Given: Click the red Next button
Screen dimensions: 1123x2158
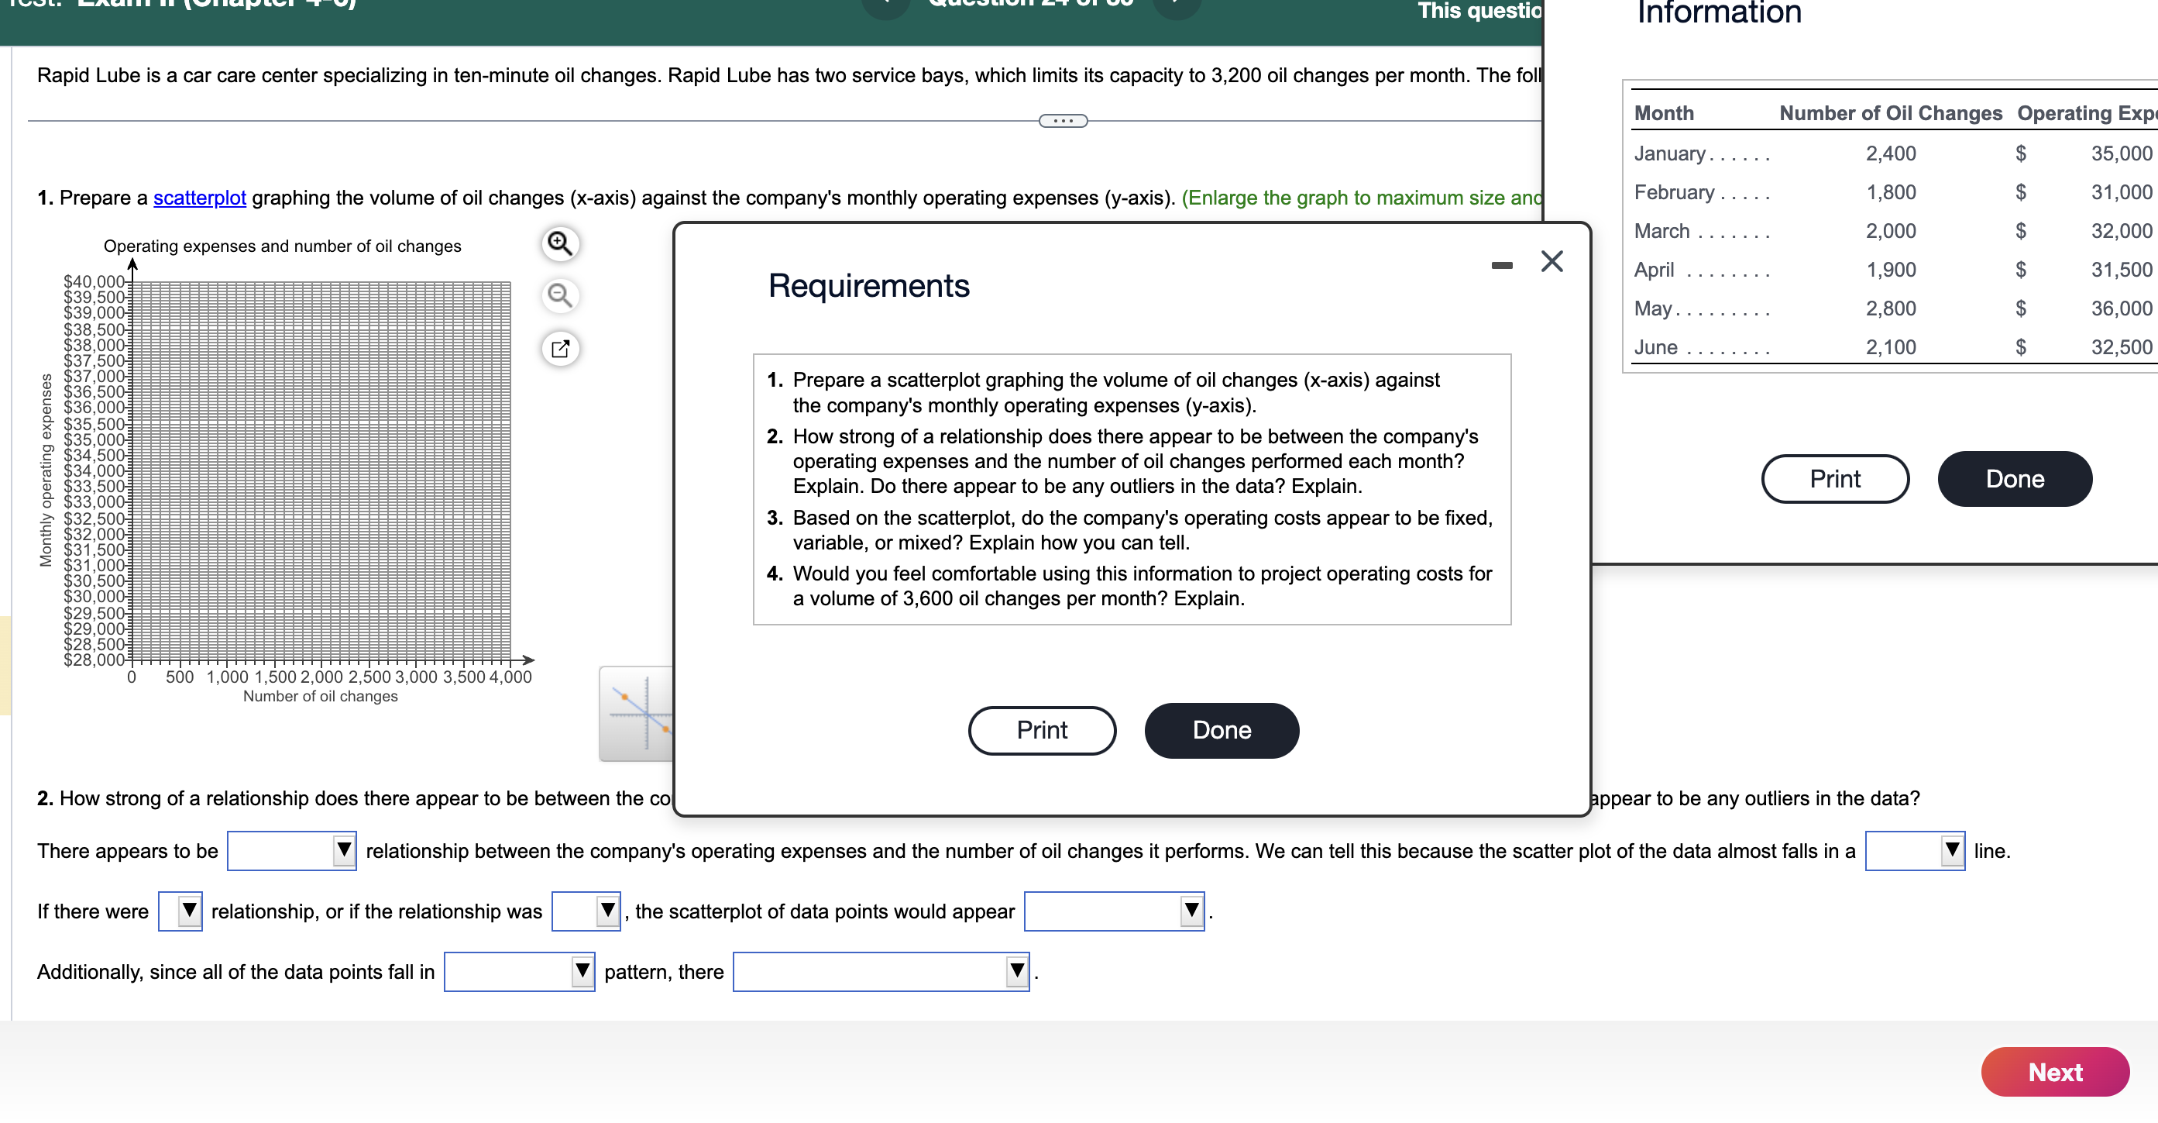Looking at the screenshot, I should coord(2054,1072).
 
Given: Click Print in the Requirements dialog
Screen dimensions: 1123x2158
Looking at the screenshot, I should coord(1041,730).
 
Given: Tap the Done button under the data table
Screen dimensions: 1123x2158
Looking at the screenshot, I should coord(2014,478).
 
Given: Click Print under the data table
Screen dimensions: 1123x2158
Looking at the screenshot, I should coord(1835,478).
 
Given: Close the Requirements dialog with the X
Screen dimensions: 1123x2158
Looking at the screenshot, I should coord(1551,261).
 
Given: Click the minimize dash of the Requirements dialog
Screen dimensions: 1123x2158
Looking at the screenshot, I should coord(1501,266).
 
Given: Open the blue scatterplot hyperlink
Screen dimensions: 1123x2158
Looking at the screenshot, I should coord(199,198).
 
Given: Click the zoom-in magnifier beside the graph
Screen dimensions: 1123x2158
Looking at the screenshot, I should coord(559,244).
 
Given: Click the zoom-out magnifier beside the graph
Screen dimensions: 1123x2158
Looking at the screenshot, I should coord(559,296).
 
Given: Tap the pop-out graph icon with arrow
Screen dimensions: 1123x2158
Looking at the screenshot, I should coord(559,349).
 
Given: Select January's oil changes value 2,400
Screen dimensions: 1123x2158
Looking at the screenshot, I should coord(1890,153).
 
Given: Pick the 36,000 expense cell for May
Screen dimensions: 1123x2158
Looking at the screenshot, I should coord(2120,308).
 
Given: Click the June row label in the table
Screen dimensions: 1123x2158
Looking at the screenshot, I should coord(1655,347).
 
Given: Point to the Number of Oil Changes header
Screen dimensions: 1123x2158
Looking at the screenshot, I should coord(1890,113).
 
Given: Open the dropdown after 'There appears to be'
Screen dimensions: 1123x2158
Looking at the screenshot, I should coord(291,851).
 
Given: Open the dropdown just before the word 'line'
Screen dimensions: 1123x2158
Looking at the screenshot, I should coord(1914,851).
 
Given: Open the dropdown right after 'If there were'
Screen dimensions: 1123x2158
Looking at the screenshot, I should coord(180,911).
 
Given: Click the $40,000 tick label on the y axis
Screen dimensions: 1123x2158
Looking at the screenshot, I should coord(94,281).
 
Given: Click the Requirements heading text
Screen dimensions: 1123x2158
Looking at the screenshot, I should coord(869,286).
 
